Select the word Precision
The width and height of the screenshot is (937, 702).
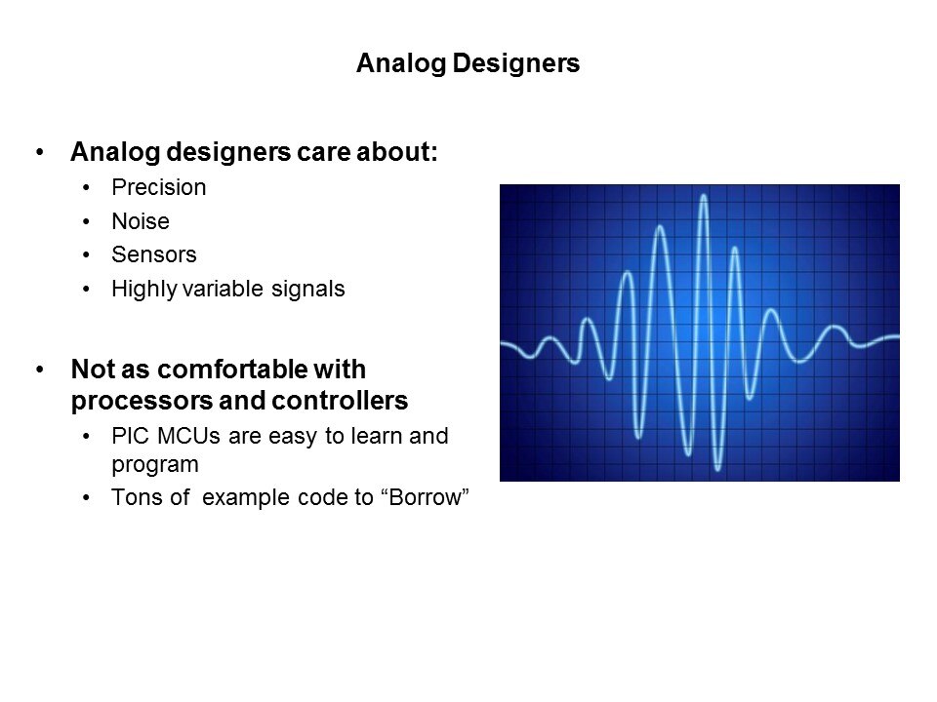coord(159,187)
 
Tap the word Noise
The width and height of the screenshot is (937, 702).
coord(141,221)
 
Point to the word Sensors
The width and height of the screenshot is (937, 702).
coord(154,254)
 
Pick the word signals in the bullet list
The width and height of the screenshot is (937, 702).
coord(307,290)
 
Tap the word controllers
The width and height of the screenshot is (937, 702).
coord(340,401)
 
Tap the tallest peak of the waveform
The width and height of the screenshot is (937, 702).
coord(704,196)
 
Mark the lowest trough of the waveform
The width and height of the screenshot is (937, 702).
coord(718,469)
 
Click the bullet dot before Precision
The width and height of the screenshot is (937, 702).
coord(87,188)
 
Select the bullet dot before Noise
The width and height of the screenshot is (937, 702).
coord(87,221)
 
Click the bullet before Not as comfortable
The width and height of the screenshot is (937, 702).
coord(40,370)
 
